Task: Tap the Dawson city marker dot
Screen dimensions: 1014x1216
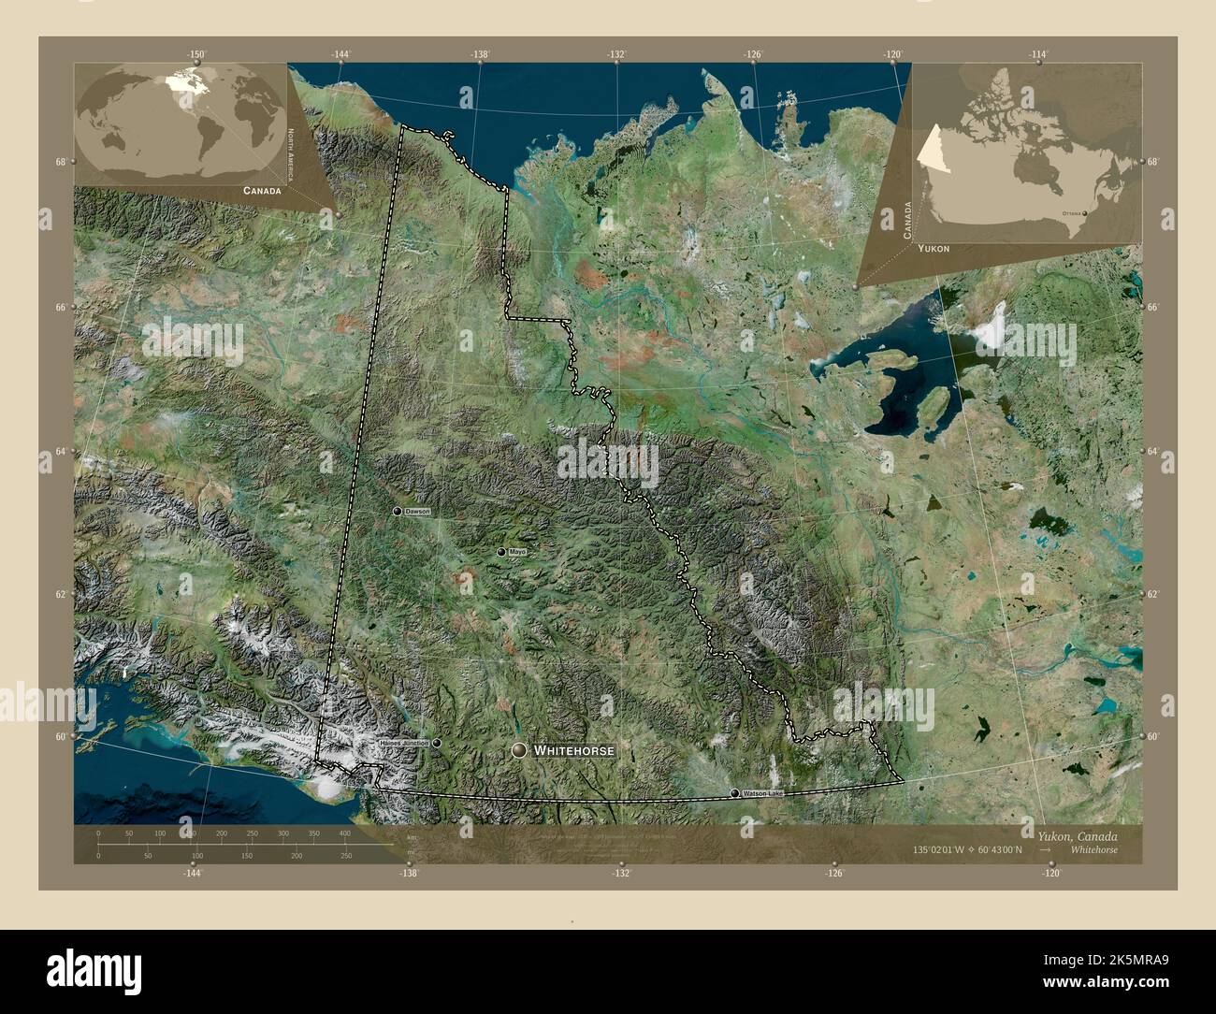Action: coord(398,512)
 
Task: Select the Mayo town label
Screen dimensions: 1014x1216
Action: coord(517,553)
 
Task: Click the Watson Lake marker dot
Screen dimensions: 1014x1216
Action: coord(734,793)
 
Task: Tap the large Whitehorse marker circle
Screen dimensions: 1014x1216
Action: coord(520,750)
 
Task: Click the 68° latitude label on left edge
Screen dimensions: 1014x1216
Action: coord(61,162)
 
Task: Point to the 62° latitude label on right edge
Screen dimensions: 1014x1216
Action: coord(1153,594)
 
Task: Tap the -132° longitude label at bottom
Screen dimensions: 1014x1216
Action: coord(621,873)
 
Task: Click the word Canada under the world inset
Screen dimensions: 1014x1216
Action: coord(261,191)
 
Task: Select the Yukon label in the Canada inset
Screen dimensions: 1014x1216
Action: coord(934,249)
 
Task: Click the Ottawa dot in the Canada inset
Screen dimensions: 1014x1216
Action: coord(1085,213)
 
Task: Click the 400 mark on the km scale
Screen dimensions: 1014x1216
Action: coord(344,833)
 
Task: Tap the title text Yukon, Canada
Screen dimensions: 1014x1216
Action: coord(1077,835)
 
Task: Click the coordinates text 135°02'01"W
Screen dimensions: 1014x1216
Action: coord(945,849)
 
